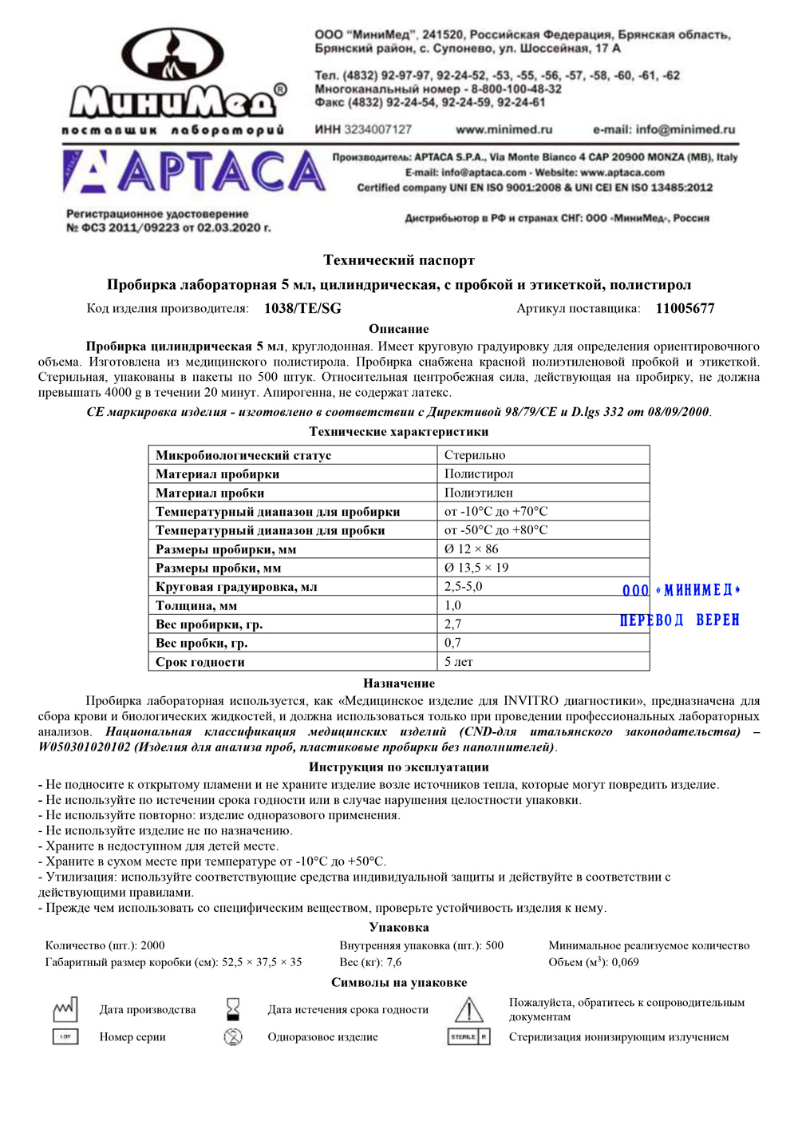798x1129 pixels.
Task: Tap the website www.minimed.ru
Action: click(504, 129)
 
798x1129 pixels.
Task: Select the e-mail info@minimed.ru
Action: click(663, 129)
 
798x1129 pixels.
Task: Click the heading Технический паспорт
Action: click(399, 260)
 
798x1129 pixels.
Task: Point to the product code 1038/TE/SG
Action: click(302, 309)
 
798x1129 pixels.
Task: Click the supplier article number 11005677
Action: click(685, 309)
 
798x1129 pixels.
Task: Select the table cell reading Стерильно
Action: click(475, 455)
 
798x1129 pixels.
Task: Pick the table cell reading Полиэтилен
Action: click(478, 493)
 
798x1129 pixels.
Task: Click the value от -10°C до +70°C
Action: click(496, 512)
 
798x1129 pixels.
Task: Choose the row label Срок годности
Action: click(200, 662)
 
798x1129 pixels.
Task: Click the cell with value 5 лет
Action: click(459, 662)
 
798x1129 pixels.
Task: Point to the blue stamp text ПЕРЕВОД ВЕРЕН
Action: click(680, 620)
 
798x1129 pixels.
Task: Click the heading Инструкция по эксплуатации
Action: click(399, 767)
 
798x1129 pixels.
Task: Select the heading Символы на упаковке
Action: click(399, 983)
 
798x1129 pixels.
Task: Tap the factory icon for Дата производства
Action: click(65, 1010)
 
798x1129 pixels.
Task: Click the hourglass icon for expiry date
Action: click(233, 1009)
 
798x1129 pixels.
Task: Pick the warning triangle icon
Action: click(468, 1010)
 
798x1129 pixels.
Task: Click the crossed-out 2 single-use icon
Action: click(233, 1037)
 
